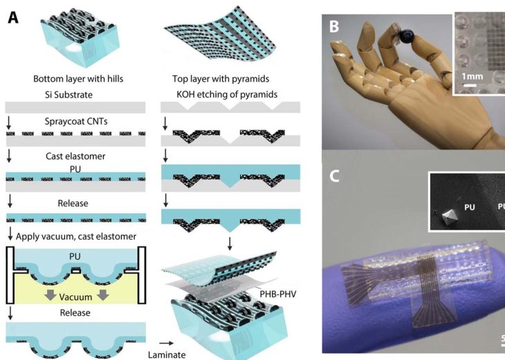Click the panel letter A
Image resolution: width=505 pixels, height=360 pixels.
tap(13, 17)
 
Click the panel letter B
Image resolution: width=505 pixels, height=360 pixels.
tap(334, 26)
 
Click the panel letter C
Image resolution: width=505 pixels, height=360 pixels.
tap(334, 176)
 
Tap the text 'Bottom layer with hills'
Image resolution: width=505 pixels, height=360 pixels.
tap(78, 79)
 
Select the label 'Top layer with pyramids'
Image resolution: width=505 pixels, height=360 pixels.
tap(221, 79)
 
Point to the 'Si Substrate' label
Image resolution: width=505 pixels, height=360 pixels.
tap(68, 95)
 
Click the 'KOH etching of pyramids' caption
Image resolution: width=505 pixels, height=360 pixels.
tap(227, 94)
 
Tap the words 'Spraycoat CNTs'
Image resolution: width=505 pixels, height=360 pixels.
tap(76, 122)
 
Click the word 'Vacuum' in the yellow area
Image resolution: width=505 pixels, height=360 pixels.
tap(75, 297)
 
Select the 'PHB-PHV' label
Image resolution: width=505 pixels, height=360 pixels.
tap(277, 294)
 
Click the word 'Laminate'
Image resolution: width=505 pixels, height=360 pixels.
tap(167, 355)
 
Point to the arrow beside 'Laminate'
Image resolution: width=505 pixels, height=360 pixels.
tap(166, 343)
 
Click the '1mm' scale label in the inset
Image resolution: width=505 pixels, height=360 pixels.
tap(472, 76)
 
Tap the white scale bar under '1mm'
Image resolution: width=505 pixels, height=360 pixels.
tap(470, 85)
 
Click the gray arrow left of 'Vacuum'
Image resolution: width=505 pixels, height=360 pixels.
tap(50, 295)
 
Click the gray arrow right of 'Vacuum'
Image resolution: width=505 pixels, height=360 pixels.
tap(102, 295)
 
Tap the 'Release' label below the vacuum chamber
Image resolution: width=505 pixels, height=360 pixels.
tap(75, 313)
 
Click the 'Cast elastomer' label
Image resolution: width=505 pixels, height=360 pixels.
tap(75, 156)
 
